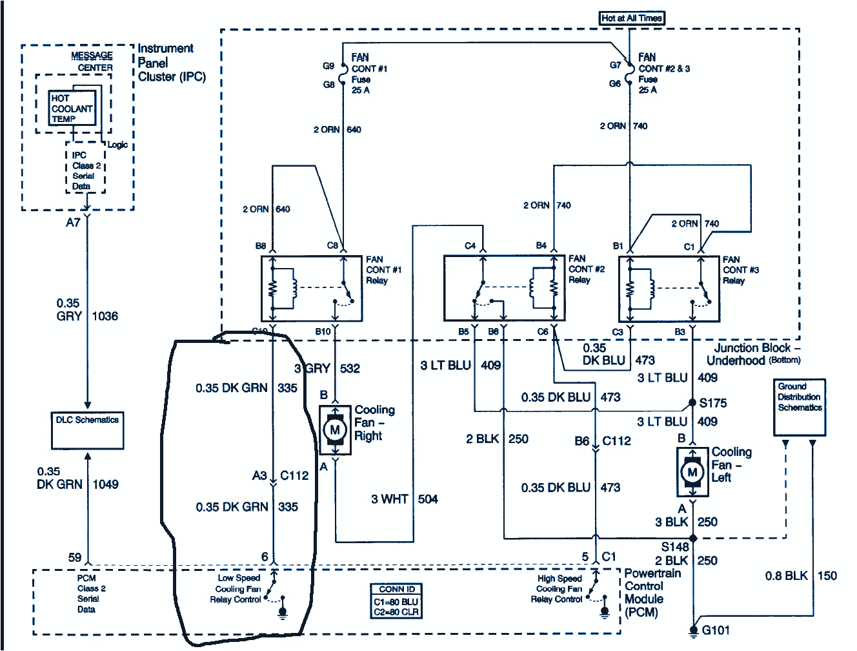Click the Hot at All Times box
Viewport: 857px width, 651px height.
point(631,18)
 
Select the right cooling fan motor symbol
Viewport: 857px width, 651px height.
point(335,430)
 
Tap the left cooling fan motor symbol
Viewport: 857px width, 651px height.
point(692,473)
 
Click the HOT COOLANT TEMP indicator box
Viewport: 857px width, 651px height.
point(72,108)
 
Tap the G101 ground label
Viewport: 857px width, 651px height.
point(716,630)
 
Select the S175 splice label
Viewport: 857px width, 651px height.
point(712,403)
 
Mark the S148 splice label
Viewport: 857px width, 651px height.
point(674,547)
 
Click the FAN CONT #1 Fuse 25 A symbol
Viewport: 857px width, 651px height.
point(343,75)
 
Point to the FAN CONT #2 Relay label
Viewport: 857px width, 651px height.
point(586,269)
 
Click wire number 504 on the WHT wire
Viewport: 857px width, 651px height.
point(428,499)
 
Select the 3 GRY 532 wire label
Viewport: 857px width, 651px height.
point(327,369)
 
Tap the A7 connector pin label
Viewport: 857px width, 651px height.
point(73,223)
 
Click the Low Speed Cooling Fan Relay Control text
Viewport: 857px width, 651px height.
point(238,589)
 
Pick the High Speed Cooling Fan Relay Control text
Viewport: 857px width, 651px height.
point(558,589)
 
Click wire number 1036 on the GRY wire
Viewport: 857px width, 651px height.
point(105,316)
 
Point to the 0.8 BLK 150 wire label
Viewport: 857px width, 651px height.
point(801,576)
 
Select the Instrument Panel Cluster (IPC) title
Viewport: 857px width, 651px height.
point(171,63)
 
